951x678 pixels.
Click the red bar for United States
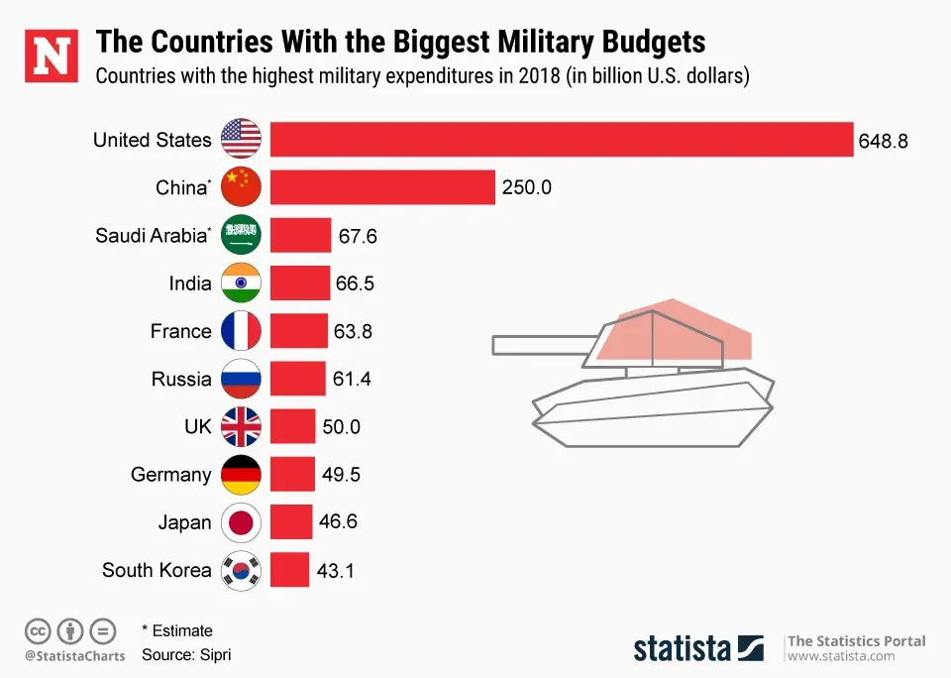pos(561,140)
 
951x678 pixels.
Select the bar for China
pos(382,187)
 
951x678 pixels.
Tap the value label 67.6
pos(357,236)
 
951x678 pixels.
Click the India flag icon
pos(241,283)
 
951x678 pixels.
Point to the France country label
pos(180,331)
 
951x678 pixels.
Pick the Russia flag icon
pos(241,379)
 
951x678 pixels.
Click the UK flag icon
pos(241,427)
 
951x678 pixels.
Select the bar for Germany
pos(292,475)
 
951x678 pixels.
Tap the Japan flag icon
pos(241,522)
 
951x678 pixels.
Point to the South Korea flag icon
pos(241,570)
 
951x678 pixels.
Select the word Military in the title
pos(528,43)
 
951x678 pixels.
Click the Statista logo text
pos(683,649)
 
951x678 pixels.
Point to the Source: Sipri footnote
pos(186,655)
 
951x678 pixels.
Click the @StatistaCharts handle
pos(75,656)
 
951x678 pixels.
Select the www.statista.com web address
pos(841,656)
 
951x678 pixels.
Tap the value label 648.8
pos(884,141)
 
